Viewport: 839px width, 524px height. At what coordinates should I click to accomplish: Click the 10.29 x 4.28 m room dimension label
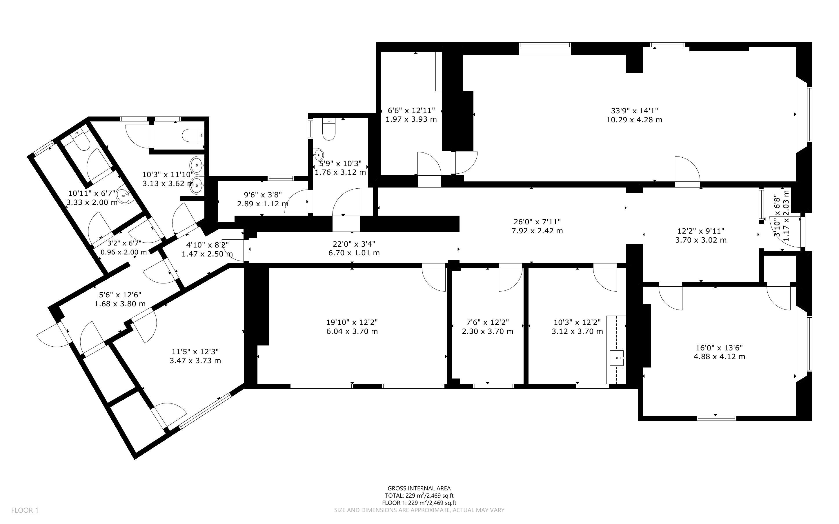634,120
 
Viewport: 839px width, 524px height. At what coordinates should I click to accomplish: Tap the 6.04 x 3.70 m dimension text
352,331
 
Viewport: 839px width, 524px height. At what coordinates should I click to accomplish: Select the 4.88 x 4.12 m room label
720,356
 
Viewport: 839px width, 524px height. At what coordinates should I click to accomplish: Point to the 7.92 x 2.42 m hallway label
537,231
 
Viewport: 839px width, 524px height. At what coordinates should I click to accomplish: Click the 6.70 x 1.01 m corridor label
354,253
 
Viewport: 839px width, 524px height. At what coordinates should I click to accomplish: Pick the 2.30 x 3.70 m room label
488,331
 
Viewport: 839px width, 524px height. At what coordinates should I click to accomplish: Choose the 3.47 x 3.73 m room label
195,361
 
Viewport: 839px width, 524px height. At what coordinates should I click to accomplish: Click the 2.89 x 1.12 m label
263,204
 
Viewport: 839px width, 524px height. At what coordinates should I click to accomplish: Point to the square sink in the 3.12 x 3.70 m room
617,358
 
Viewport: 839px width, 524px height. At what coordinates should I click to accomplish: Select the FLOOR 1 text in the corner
25,510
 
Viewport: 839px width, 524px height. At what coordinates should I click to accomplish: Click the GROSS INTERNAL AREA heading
419,489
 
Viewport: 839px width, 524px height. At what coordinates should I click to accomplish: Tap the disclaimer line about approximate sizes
419,510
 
